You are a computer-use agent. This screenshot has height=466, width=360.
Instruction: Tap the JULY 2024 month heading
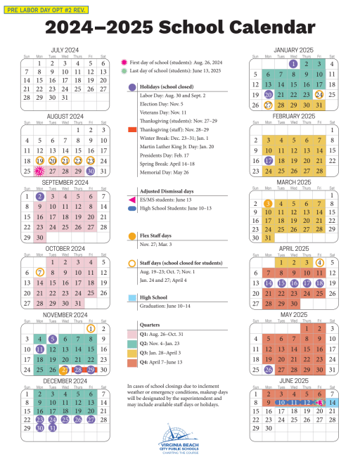coord(65,51)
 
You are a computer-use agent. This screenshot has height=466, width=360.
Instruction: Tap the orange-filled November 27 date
coord(65,369)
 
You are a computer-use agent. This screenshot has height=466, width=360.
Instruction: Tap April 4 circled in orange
coord(319,262)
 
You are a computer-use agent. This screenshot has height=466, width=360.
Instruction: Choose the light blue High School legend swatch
coord(132,297)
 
